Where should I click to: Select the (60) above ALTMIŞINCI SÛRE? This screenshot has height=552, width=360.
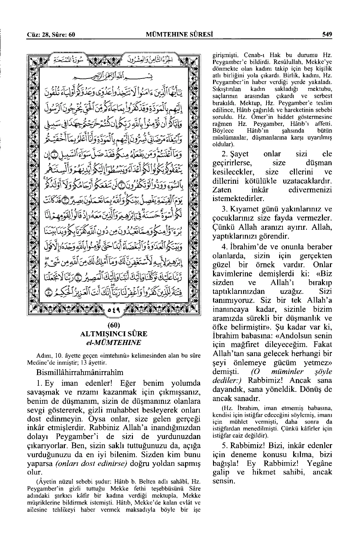click(114, 325)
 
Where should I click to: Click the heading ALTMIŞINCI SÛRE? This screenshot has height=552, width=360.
click(114, 334)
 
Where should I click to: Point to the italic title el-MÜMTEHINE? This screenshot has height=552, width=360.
click(114, 342)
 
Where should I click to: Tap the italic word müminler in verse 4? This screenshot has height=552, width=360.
click(278, 372)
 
